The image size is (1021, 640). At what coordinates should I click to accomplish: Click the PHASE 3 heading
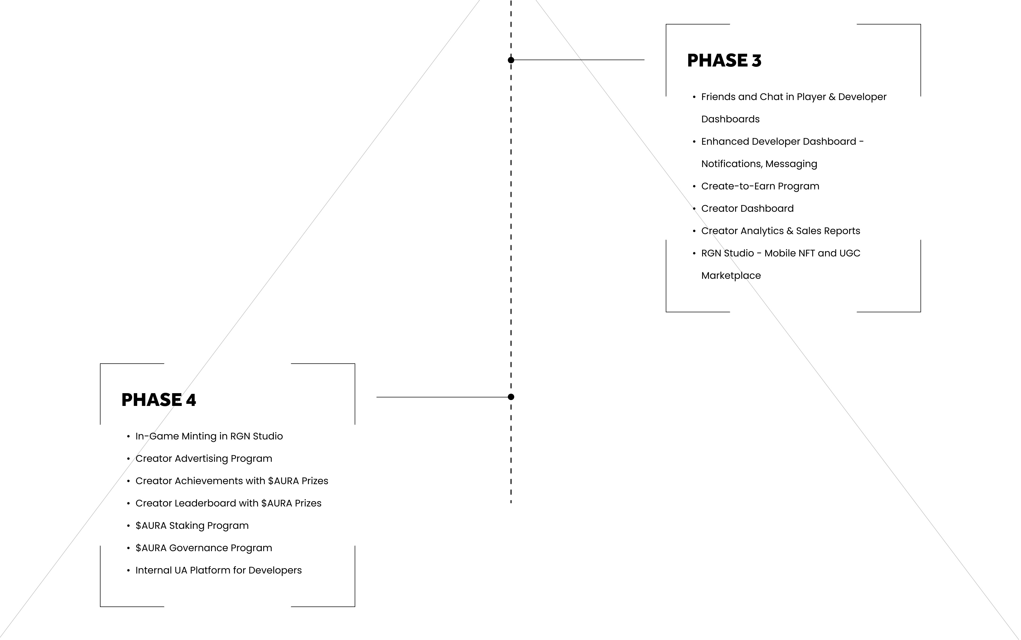724,61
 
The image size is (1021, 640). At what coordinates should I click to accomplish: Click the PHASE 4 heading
159,400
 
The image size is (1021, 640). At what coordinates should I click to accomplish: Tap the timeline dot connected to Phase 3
511,60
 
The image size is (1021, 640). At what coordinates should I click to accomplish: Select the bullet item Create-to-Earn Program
760,186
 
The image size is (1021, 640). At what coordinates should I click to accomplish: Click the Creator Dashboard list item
747,208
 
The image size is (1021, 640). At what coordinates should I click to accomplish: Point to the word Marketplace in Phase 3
731,276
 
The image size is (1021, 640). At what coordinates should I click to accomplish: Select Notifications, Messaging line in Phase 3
759,164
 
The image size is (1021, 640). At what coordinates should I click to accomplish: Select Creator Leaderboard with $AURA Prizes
228,503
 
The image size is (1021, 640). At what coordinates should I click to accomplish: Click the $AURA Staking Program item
192,526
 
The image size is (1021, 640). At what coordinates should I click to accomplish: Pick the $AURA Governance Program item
203,548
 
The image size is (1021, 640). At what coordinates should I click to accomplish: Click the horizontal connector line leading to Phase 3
578,60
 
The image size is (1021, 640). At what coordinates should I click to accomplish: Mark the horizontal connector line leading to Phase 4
443,397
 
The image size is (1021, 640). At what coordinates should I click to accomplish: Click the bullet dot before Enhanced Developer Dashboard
694,142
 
